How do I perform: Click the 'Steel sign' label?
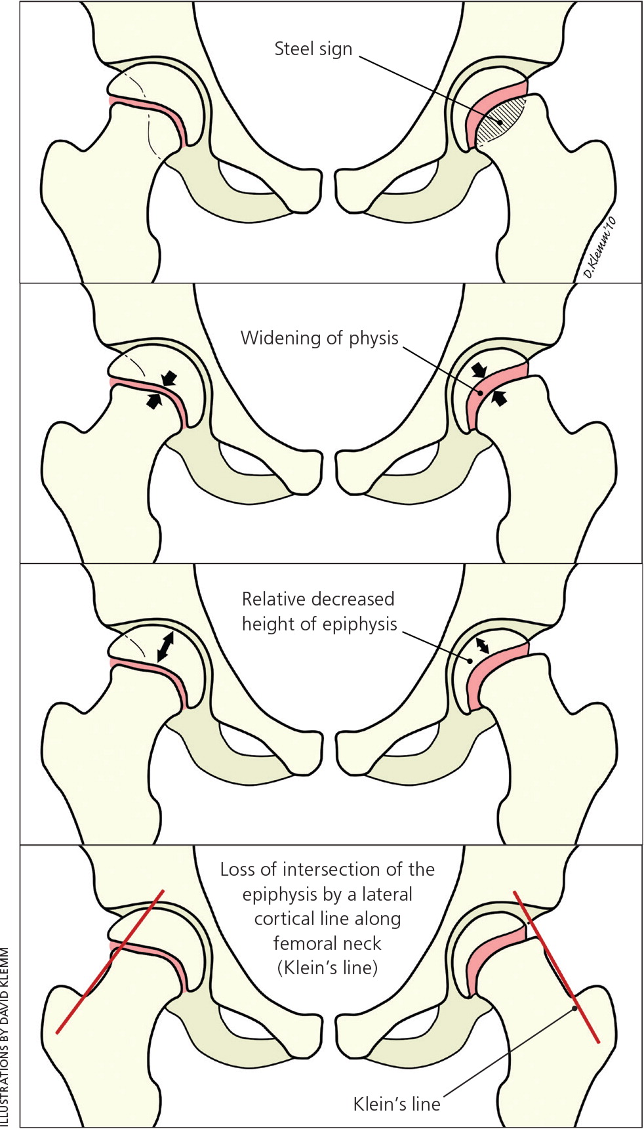pos(313,49)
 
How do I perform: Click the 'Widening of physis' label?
pos(319,338)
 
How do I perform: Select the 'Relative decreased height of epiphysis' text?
pos(319,611)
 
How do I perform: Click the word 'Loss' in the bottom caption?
pos(237,870)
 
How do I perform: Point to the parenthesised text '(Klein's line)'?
pos(327,968)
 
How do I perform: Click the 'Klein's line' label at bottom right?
pos(397,1104)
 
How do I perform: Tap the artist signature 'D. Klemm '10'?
pos(601,249)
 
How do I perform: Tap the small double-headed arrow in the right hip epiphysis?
pos(482,645)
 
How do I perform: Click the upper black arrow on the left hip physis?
pos(169,378)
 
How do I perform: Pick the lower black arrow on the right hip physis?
pos(500,397)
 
